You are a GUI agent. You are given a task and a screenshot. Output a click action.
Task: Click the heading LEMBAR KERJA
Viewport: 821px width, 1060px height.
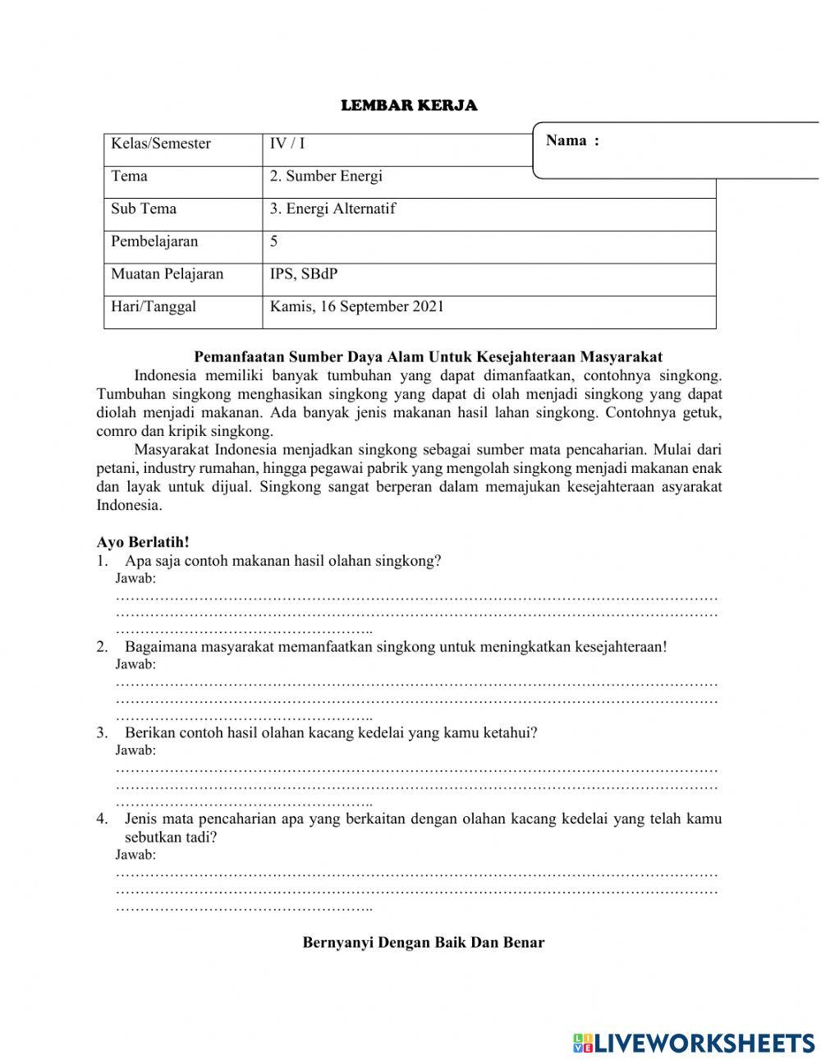(409, 105)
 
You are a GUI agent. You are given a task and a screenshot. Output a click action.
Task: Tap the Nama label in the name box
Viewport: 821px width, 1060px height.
(572, 140)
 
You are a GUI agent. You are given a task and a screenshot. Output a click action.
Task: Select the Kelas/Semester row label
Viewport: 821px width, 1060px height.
(161, 144)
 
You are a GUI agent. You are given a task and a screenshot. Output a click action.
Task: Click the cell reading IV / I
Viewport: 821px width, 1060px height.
(287, 144)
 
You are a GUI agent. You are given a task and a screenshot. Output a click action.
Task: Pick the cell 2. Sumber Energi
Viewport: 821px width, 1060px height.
(326, 176)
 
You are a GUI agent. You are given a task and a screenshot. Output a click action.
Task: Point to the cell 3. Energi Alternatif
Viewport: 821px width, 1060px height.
(333, 209)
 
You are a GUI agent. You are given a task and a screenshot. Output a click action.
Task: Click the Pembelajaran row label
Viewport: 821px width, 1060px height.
(154, 241)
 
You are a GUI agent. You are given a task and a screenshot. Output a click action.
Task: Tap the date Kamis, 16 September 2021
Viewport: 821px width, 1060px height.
(357, 307)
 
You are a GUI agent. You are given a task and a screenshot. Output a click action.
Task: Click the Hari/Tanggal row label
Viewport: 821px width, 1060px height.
(154, 307)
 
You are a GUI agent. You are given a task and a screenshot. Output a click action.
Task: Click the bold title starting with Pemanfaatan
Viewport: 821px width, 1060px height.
(428, 356)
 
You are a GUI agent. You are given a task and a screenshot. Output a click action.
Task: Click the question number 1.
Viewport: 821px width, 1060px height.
(102, 561)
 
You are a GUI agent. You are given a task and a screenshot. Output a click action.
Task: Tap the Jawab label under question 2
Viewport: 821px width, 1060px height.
(135, 663)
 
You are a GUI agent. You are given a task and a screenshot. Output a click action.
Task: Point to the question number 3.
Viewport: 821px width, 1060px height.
(102, 732)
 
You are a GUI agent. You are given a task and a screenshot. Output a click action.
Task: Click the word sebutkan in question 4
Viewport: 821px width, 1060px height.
(156, 837)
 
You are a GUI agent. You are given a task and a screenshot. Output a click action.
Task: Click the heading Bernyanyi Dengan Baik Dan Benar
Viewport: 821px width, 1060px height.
(424, 942)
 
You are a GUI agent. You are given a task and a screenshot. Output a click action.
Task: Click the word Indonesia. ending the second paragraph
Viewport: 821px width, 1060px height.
(130, 505)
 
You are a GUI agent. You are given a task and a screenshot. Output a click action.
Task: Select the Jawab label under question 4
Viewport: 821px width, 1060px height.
(135, 855)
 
